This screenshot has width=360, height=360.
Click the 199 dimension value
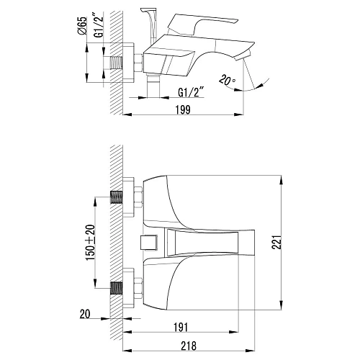click(183, 109)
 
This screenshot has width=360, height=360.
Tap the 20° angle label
click(227, 80)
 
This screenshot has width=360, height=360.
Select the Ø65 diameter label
click(82, 26)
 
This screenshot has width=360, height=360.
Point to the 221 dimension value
click(276, 242)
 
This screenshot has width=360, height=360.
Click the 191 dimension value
click(181, 327)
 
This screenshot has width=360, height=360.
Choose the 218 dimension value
click(189, 346)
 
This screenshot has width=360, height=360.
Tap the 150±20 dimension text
click(91, 243)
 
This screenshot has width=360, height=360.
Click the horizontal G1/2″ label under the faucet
click(191, 92)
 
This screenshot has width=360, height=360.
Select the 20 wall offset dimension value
click(85, 314)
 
